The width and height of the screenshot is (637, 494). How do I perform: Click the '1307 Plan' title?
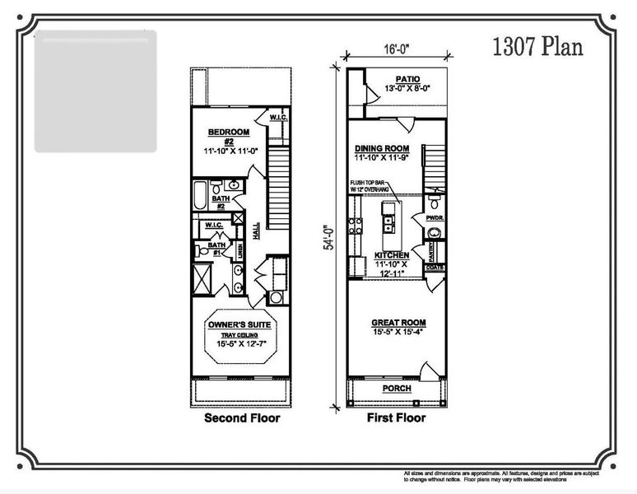[538, 47]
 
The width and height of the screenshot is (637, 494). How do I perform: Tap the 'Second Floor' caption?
[242, 418]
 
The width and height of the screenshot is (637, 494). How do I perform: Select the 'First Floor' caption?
[396, 418]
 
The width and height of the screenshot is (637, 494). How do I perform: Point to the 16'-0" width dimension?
[397, 49]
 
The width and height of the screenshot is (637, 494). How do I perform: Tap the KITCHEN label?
[393, 255]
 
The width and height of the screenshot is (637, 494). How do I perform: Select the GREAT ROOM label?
[398, 323]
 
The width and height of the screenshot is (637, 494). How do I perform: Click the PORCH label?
[398, 388]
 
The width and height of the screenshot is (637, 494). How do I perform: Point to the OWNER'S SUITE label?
[239, 324]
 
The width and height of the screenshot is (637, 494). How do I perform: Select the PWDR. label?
[435, 219]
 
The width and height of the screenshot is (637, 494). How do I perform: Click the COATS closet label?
[435, 268]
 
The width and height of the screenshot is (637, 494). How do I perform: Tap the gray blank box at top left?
[95, 91]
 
